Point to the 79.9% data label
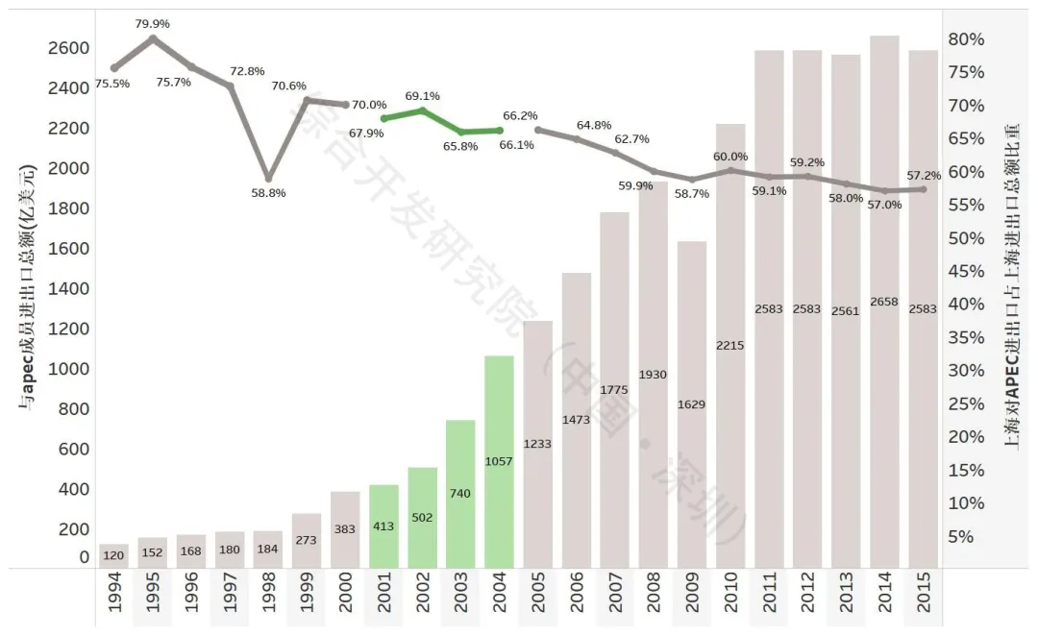click(153, 23)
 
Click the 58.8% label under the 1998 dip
click(267, 193)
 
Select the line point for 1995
click(153, 37)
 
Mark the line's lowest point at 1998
click(268, 179)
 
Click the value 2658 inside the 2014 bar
click(884, 302)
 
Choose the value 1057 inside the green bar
click(499, 461)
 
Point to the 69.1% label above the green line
click(422, 96)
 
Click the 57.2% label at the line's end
click(924, 176)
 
